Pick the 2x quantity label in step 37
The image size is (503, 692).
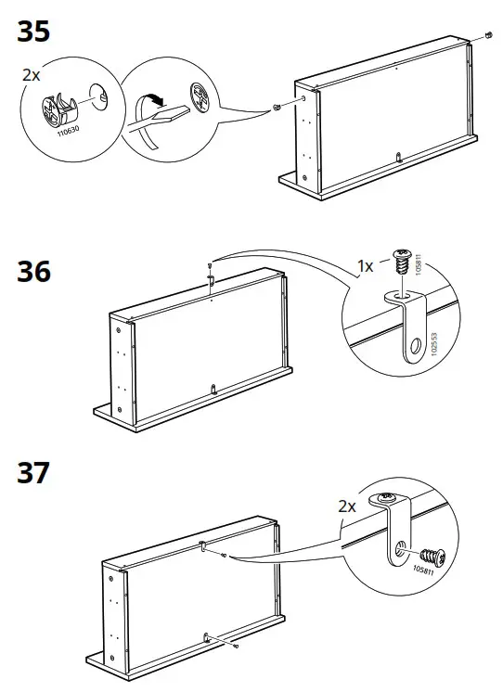(x=347, y=506)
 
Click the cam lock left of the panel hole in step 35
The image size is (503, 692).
(x=276, y=109)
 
